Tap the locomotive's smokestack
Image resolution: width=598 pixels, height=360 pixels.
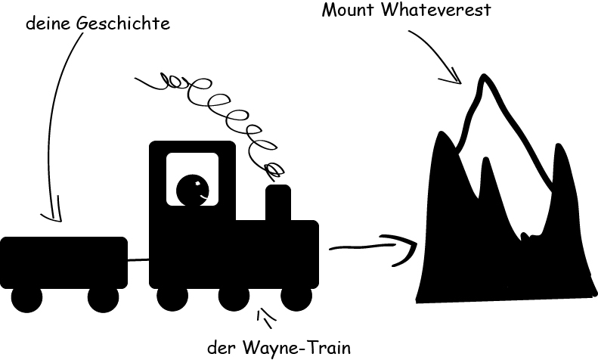point(277,202)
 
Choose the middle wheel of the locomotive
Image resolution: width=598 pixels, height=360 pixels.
point(234,298)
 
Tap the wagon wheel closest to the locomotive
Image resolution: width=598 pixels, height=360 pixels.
point(104,298)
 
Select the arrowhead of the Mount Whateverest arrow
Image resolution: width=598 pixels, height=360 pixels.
point(455,78)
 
